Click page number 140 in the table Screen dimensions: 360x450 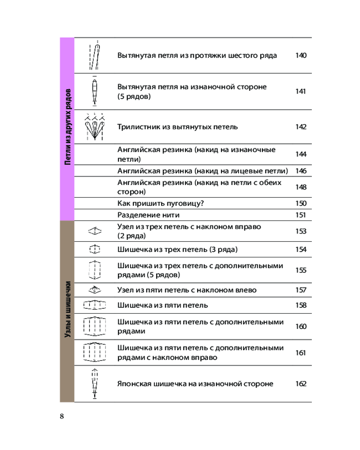pos(301,55)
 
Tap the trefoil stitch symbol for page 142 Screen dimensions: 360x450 pos(95,126)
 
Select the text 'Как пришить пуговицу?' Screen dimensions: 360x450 pos(161,203)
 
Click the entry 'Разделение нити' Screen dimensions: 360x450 pos(148,215)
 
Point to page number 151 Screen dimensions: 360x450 pos(301,215)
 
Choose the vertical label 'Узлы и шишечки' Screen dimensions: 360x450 pos(67,309)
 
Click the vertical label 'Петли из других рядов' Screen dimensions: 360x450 pos(67,126)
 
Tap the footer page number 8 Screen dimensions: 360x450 pos(62,416)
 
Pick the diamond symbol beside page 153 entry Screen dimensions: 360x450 pos(95,231)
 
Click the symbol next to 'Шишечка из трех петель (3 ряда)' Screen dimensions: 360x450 pos(95,249)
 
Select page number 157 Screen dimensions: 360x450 pos(301,290)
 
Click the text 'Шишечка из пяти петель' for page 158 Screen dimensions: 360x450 pos(162,305)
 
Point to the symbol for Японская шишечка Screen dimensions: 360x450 pos(95,384)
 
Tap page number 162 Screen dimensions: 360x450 pos(301,384)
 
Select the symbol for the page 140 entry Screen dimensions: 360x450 pos(95,55)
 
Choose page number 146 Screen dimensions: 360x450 pos(301,171)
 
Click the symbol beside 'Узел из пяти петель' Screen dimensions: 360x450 pos(95,290)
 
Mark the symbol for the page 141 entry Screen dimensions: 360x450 pos(95,91)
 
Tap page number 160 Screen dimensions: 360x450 pos(301,326)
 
